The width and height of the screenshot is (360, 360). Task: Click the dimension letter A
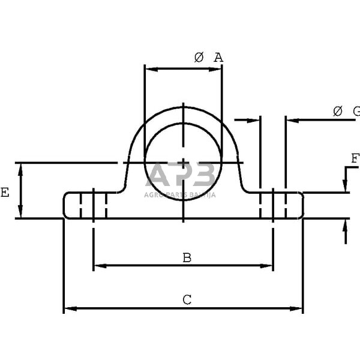tap(218, 58)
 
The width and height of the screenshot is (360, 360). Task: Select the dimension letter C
tap(187, 300)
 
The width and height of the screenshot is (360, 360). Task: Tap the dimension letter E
tap(5, 193)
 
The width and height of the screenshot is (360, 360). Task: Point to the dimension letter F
tap(355, 159)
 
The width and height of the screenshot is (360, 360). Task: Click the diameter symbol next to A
tap(199, 58)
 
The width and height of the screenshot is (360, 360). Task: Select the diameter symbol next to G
tap(337, 111)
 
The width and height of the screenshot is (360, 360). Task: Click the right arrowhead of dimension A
tap(217, 68)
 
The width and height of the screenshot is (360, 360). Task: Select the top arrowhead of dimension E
tap(22, 167)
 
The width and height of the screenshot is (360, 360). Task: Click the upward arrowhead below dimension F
tap(346, 224)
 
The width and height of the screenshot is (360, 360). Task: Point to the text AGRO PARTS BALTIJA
tap(180, 194)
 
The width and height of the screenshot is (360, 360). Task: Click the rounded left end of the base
tap(66, 205)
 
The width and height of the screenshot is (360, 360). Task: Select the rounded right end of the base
tap(301, 205)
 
